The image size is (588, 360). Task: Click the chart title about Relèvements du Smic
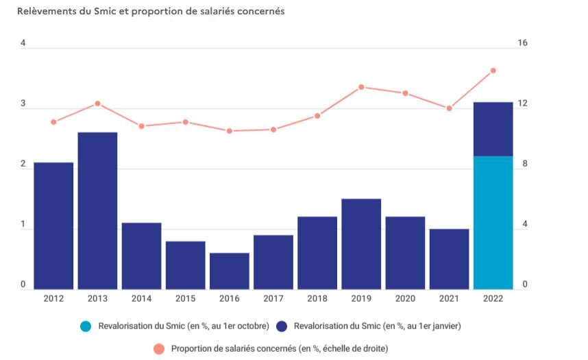(x=151, y=12)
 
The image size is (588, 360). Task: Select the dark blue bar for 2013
(x=97, y=210)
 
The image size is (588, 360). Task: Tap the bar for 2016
(x=229, y=271)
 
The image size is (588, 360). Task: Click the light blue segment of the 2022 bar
(x=493, y=222)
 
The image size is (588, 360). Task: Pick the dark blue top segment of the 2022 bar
(x=493, y=129)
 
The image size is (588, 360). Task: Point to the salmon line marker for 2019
(x=361, y=87)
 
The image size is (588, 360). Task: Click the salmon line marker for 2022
(x=493, y=71)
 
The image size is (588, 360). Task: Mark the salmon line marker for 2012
(x=53, y=122)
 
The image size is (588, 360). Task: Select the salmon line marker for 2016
(x=229, y=131)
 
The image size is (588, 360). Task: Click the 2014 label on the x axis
(x=141, y=300)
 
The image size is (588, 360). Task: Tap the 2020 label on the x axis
(x=405, y=300)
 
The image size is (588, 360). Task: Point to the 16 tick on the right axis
(x=522, y=43)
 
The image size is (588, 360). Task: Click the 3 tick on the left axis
(x=23, y=104)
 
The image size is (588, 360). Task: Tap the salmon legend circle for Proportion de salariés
(x=159, y=349)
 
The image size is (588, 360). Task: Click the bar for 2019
(x=361, y=243)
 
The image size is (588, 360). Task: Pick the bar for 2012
(x=53, y=226)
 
